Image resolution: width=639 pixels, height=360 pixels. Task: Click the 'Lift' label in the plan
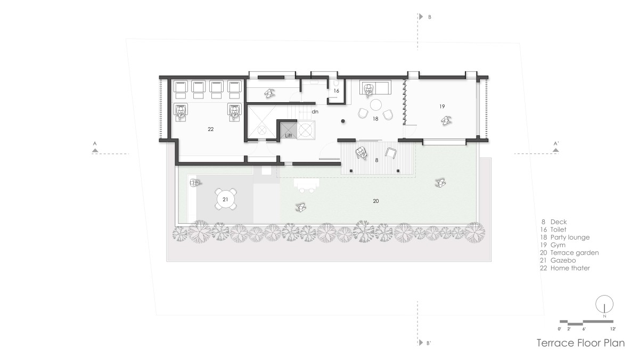click(289, 135)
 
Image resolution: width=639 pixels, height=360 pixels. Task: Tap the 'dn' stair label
click(315, 111)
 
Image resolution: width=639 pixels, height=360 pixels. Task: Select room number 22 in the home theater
click(210, 129)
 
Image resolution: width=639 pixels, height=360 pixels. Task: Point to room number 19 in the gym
click(442, 107)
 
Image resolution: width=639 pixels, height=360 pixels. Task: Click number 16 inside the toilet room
click(337, 91)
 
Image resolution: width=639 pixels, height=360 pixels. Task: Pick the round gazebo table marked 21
click(225, 199)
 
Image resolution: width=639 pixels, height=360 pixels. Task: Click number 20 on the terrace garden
click(376, 201)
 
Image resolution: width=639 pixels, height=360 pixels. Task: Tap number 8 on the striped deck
click(376, 160)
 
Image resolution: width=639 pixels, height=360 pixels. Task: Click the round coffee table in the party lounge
click(376, 105)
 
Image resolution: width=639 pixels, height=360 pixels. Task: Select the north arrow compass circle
click(604, 304)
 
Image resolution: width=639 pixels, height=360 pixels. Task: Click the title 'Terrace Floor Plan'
click(580, 343)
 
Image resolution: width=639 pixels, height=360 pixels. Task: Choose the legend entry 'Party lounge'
click(570, 238)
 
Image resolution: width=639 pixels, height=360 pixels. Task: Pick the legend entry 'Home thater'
click(570, 268)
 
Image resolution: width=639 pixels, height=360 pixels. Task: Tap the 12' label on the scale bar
click(613, 329)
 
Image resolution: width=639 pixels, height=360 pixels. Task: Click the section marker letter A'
click(556, 143)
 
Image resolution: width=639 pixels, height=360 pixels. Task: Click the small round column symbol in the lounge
click(343, 121)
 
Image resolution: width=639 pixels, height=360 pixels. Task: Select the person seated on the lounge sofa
click(368, 89)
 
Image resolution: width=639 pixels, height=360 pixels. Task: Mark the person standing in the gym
click(446, 121)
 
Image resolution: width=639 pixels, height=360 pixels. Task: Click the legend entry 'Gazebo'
click(563, 260)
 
